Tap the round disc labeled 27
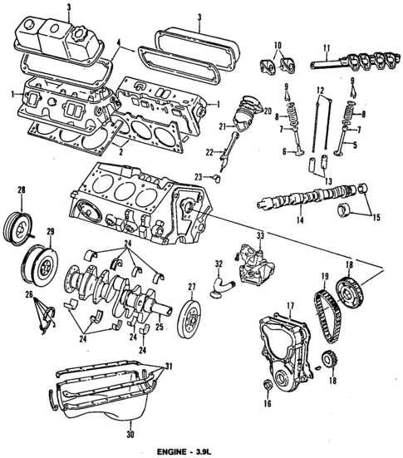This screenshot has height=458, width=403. tap(190, 318)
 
